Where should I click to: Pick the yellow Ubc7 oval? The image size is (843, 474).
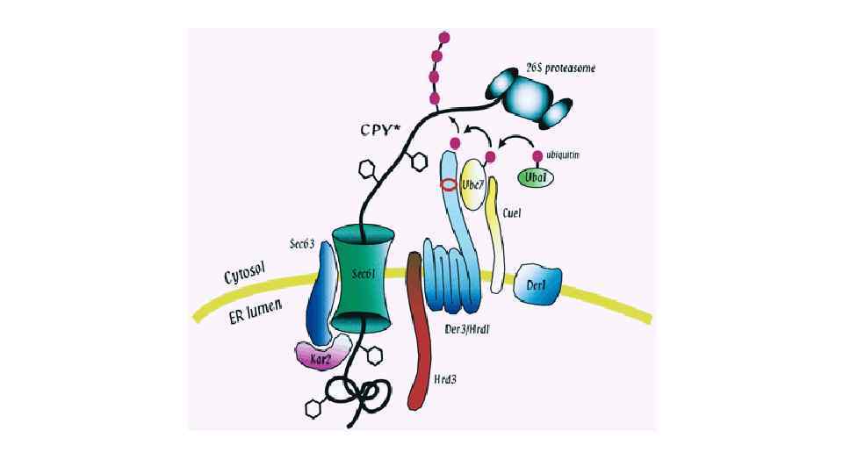click(473, 184)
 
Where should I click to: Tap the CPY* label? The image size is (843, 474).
click(379, 129)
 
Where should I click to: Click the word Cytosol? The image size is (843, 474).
click(245, 273)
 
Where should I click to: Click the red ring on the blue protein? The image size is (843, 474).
click(449, 185)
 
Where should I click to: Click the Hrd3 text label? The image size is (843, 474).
click(447, 381)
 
